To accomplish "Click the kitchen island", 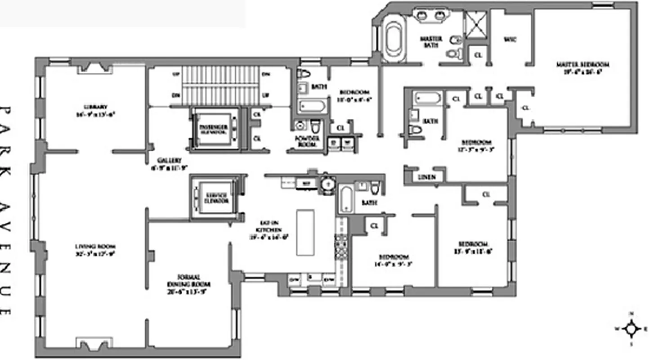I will point(305,232).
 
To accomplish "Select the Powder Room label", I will point(308,141).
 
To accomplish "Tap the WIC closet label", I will point(510,40).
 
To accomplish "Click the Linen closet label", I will point(426,177).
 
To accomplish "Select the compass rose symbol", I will point(631,328).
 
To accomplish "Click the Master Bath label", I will point(431,42).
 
